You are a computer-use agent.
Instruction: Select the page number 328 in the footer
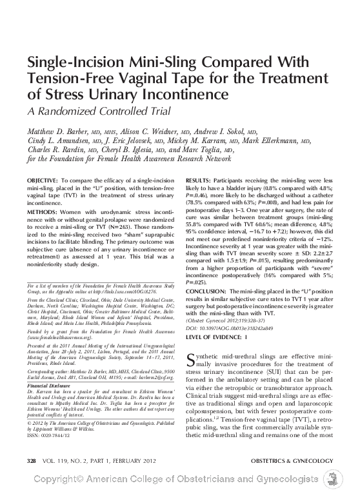(x=30, y=460)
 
